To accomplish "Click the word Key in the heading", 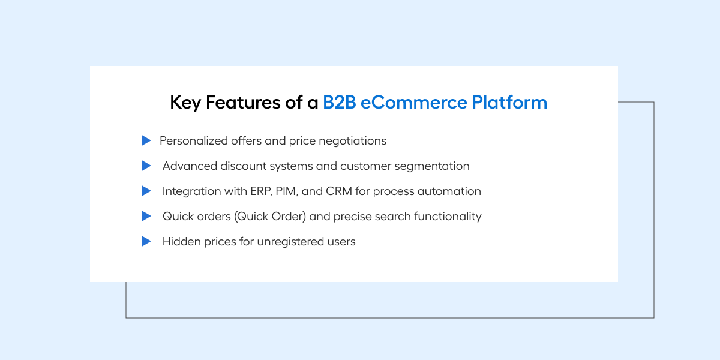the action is [x=185, y=103].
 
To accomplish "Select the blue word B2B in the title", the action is [x=340, y=102].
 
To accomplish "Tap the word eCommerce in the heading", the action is [x=413, y=102].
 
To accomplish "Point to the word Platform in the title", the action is [x=509, y=102].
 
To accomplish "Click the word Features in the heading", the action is [x=243, y=102].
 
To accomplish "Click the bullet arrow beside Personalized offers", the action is [x=146, y=140].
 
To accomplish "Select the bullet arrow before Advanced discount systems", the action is [x=146, y=166].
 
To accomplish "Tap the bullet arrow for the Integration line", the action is [x=146, y=191].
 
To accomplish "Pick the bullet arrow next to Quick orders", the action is [x=146, y=216].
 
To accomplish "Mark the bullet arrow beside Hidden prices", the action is [x=146, y=241].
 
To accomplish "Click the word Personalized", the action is [x=193, y=141].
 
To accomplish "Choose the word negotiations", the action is [x=353, y=141].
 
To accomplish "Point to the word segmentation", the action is [x=432, y=166].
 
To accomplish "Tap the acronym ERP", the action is [x=262, y=191].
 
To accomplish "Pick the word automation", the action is [x=449, y=191].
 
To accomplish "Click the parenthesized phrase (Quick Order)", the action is [x=270, y=217].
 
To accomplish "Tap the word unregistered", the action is [x=290, y=242].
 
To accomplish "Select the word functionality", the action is [x=448, y=217].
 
